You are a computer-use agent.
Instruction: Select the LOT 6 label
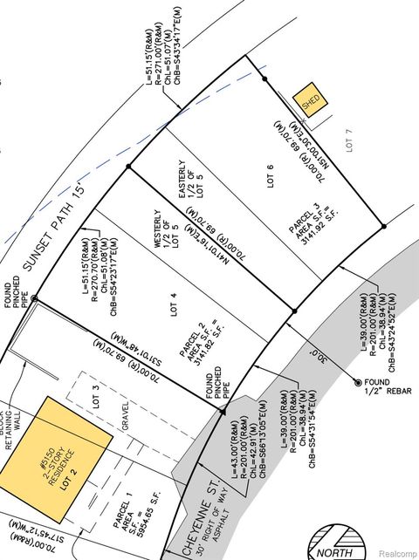270,177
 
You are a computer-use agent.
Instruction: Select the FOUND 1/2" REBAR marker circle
357,382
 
